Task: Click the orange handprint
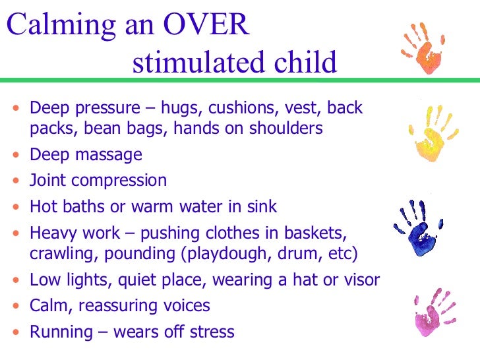(428, 50)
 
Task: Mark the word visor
(361, 280)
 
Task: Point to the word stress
(212, 332)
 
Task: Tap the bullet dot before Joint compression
(16, 181)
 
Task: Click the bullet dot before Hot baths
(16, 207)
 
